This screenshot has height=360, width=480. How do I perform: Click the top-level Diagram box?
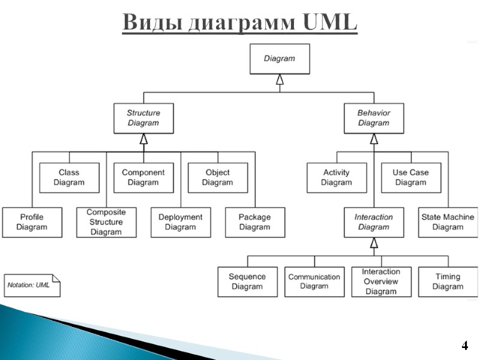coord(280,59)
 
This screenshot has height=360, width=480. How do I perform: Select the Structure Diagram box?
coord(143,118)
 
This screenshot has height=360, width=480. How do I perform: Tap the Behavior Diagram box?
coord(374,118)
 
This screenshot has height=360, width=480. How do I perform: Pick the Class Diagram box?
coord(69,178)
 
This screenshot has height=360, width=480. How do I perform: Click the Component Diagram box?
coord(143,178)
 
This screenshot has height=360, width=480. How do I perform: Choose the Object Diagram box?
coord(217,178)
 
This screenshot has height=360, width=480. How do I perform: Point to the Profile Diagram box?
coord(32,222)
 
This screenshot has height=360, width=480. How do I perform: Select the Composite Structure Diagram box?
coord(106,222)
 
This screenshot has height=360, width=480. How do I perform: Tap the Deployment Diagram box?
coord(181,222)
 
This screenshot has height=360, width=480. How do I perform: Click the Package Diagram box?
coord(255,222)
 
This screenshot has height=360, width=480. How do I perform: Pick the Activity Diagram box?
coord(337,178)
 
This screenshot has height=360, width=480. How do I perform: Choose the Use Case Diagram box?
coord(411,178)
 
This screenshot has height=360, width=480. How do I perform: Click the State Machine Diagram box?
coord(448,222)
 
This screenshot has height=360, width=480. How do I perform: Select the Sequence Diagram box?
coord(247,281)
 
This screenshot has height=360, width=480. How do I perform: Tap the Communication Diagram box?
coord(314,281)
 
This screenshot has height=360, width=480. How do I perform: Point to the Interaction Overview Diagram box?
coord(381,281)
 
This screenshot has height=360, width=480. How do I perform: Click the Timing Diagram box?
coord(448,281)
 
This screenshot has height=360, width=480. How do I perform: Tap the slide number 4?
coord(464,346)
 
